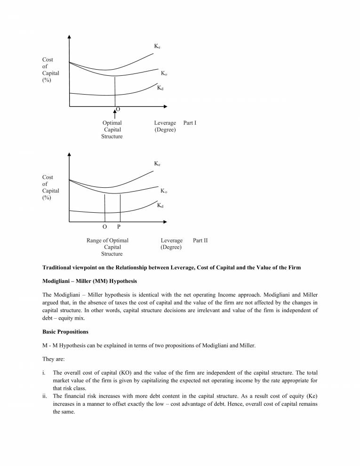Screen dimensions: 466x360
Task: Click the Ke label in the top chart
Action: (x=157, y=47)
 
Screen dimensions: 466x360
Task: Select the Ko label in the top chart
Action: (x=164, y=73)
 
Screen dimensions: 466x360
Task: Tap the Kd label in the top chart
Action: (x=160, y=88)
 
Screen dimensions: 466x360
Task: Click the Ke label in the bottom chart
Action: (x=157, y=164)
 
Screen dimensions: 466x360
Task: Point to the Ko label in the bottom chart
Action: (x=164, y=191)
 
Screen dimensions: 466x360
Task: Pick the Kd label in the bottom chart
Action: (x=160, y=205)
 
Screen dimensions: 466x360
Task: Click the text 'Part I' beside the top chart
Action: (x=190, y=123)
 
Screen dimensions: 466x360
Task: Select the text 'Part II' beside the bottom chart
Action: (x=200, y=240)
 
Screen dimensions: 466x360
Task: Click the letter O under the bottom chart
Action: (x=104, y=226)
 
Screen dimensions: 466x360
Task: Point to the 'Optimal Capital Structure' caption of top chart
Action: (x=112, y=129)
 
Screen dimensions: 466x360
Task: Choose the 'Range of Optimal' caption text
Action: (x=107, y=240)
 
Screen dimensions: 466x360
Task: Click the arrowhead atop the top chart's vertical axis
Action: (x=69, y=37)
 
